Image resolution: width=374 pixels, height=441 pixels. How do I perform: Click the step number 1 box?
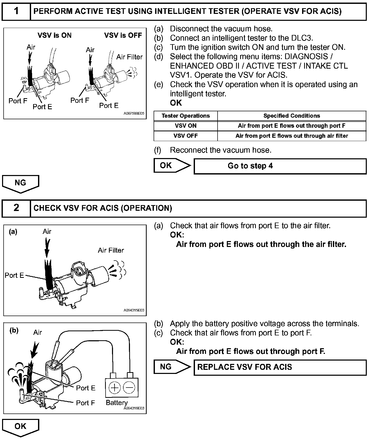(x=16, y=11)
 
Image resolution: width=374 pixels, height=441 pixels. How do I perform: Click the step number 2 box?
(x=16, y=208)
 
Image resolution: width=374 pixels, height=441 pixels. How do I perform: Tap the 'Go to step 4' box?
(x=280, y=166)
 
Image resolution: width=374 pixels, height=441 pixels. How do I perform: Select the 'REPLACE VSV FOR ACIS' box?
(x=280, y=367)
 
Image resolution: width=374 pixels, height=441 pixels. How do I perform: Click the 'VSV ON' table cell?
(x=185, y=126)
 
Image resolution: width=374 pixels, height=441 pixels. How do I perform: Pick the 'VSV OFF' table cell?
(x=185, y=136)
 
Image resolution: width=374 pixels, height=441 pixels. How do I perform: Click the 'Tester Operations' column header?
(x=185, y=116)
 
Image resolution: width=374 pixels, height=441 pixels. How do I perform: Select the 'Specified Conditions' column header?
(x=292, y=116)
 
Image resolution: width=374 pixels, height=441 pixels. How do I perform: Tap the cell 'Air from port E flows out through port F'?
(x=292, y=126)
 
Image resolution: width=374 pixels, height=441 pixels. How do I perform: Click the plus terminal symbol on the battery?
(x=115, y=387)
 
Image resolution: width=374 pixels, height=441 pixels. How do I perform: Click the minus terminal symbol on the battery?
(x=129, y=387)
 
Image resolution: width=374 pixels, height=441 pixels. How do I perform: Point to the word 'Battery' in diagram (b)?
(x=117, y=402)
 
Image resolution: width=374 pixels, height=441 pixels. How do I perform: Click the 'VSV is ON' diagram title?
(x=54, y=35)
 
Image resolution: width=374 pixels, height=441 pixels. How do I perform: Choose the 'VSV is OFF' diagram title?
(x=123, y=35)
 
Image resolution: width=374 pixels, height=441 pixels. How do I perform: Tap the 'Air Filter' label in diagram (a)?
(x=111, y=250)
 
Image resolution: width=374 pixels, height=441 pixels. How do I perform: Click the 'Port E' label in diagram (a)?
(x=14, y=275)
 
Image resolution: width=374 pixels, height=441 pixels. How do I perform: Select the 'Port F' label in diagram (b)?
(x=85, y=403)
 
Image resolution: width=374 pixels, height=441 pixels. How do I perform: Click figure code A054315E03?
(x=134, y=310)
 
